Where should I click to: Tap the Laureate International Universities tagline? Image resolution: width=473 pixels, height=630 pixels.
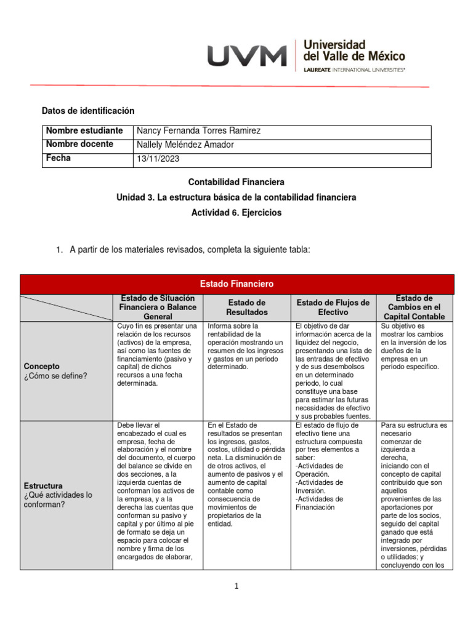click(x=354, y=70)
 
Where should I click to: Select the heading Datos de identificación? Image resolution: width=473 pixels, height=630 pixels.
click(x=87, y=111)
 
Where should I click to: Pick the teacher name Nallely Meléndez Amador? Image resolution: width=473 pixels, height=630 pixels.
click(x=185, y=145)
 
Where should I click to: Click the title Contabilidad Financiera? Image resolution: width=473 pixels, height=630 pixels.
click(x=236, y=182)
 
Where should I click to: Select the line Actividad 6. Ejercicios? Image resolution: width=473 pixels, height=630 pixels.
click(x=236, y=212)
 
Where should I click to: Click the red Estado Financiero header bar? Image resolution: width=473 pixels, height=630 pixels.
click(x=236, y=284)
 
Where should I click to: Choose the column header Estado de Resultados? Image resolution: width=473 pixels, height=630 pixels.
click(x=246, y=308)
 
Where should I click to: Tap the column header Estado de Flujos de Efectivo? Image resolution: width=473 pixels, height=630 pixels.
click(x=333, y=308)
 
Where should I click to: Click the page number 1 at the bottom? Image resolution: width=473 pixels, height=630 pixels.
click(x=236, y=586)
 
